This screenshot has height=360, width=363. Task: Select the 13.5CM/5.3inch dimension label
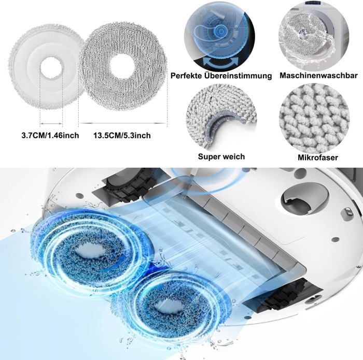click(122, 136)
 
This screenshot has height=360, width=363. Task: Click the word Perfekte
click(188, 76)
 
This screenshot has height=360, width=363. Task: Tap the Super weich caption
click(221, 156)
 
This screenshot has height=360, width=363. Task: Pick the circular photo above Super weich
click(221, 117)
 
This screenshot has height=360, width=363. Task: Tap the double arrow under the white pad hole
click(50, 124)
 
